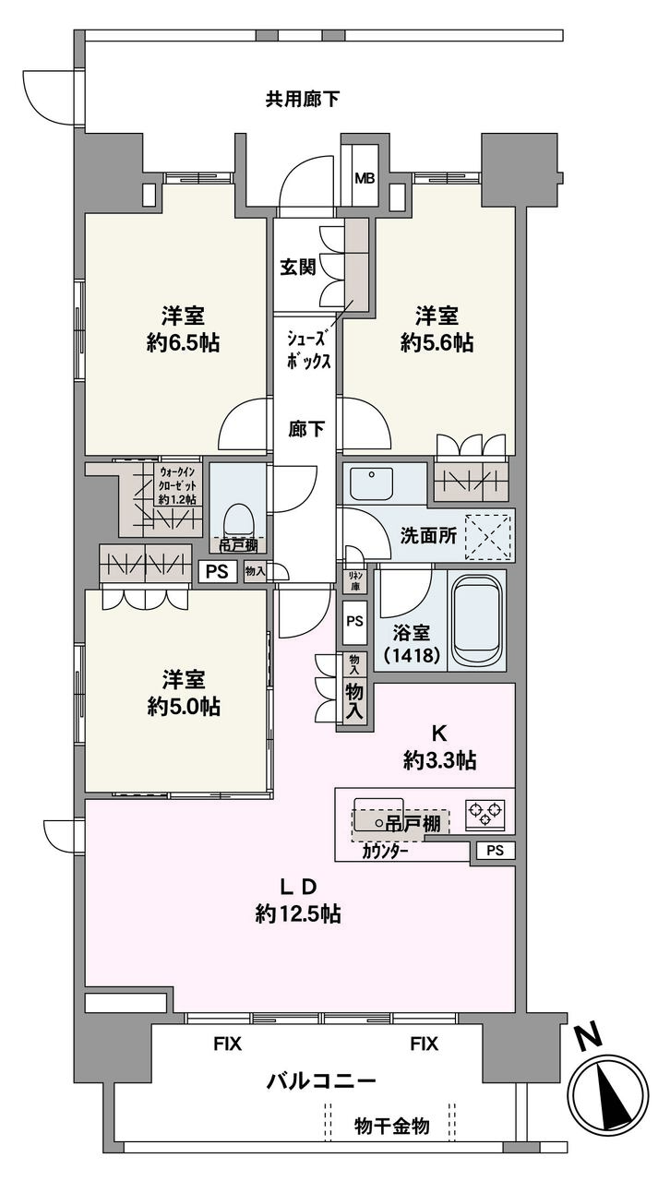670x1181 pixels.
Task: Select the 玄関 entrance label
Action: pyautogui.click(x=298, y=267)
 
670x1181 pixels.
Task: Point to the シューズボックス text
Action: pyautogui.click(x=308, y=351)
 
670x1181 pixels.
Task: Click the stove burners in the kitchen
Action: pyautogui.click(x=485, y=812)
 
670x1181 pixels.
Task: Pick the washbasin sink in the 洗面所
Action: pyautogui.click(x=372, y=483)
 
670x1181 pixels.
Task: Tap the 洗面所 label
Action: pyautogui.click(x=428, y=536)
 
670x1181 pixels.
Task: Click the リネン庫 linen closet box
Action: pyautogui.click(x=355, y=580)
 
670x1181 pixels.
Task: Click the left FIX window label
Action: pyautogui.click(x=228, y=1044)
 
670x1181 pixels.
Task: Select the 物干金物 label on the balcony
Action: pyautogui.click(x=392, y=1126)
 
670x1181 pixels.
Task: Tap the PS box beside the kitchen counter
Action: pyautogui.click(x=496, y=851)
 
